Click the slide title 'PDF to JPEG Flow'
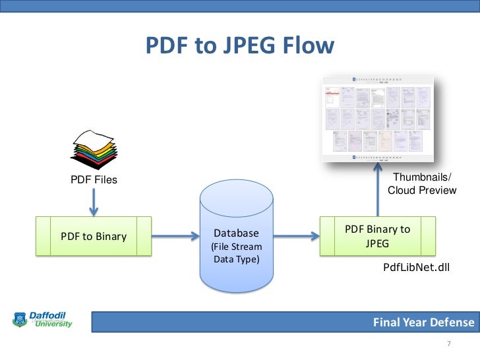240,46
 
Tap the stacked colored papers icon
94,148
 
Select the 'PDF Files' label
94,179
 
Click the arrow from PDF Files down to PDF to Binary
94,203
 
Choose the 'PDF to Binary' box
94,236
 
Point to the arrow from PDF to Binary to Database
174,236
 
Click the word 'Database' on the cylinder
237,233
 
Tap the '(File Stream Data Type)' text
237,253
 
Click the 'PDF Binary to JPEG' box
377,236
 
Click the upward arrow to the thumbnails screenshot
378,191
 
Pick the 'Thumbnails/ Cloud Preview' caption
422,183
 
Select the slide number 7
448,344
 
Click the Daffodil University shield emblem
18,320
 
